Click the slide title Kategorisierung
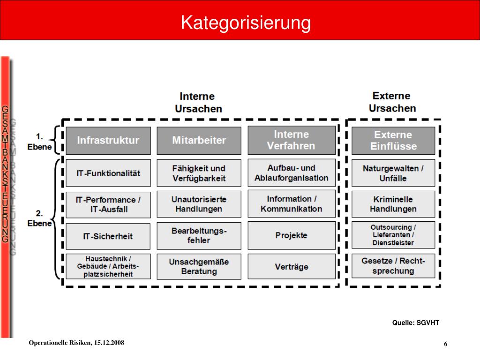click(x=246, y=22)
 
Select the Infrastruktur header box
click(x=108, y=140)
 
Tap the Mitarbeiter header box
click(x=199, y=140)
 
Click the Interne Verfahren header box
click(x=291, y=140)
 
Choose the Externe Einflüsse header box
click(x=393, y=140)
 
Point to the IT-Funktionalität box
click(x=108, y=173)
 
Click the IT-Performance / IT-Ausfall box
click(x=108, y=204)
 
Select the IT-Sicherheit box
click(x=108, y=236)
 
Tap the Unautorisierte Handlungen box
click(x=199, y=204)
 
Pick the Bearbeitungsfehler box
click(x=199, y=235)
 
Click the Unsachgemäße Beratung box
click(x=199, y=267)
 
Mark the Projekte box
click(x=291, y=235)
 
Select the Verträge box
click(x=291, y=267)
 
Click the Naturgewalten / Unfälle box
click(x=393, y=173)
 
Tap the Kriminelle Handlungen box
click(x=393, y=204)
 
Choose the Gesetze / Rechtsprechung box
click(x=393, y=266)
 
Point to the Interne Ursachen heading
click(x=198, y=102)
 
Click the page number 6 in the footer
click(x=446, y=345)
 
